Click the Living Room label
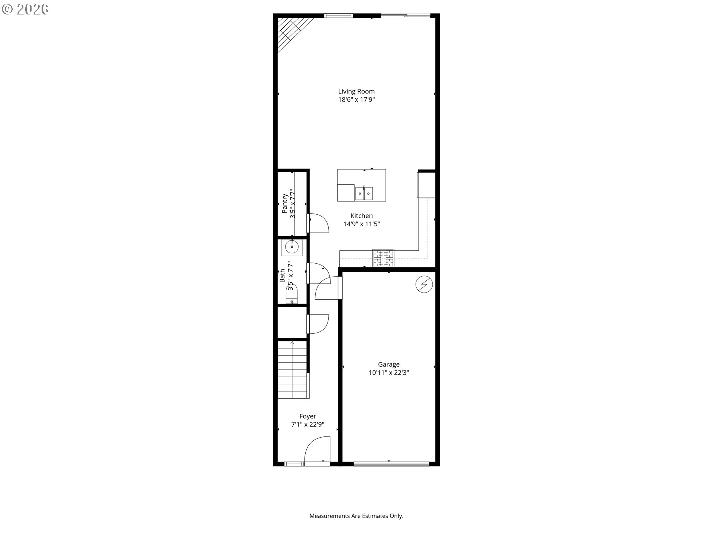click(x=356, y=91)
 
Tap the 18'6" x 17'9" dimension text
click(x=356, y=99)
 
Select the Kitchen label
click(x=361, y=216)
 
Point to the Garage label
click(x=389, y=365)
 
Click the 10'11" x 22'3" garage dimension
click(x=389, y=373)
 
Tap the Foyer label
click(x=308, y=416)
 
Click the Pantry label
click(x=285, y=203)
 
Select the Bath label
click(x=282, y=276)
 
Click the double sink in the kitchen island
click(x=364, y=193)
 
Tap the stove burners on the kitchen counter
click(x=383, y=258)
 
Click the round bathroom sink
click(x=292, y=247)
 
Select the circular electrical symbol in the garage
click(x=424, y=284)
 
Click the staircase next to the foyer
click(x=293, y=370)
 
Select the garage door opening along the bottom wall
click(x=391, y=464)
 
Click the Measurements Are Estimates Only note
click(x=356, y=516)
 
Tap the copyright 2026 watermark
click(x=25, y=10)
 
